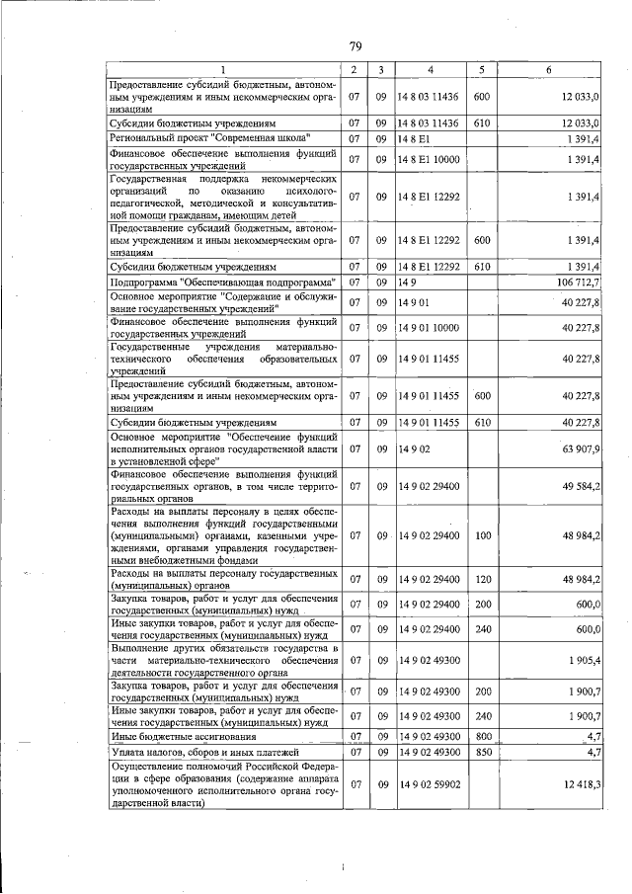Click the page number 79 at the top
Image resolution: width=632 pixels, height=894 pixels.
click(x=355, y=45)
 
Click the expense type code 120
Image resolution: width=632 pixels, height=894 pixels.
click(x=482, y=579)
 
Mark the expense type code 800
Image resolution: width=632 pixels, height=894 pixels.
click(x=482, y=736)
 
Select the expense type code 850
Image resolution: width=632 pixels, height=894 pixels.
click(x=482, y=753)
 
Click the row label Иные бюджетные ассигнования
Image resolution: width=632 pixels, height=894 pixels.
click(x=184, y=736)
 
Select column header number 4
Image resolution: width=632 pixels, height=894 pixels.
click(x=430, y=69)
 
